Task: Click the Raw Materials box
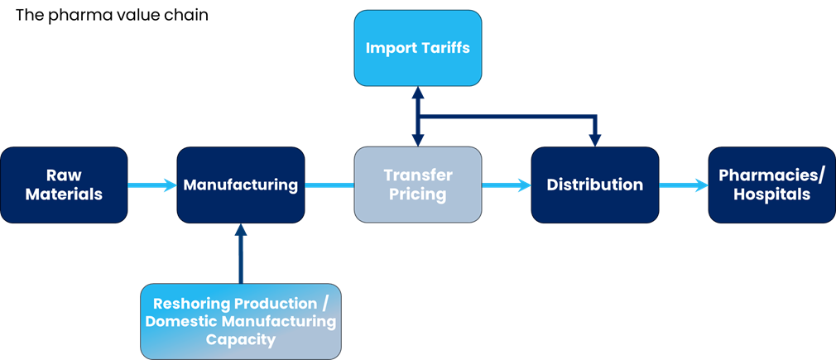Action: [64, 185]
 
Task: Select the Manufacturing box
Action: [241, 185]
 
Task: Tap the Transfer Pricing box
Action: [418, 185]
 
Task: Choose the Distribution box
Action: [595, 185]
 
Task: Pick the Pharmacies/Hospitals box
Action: [771, 185]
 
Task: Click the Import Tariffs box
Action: [418, 48]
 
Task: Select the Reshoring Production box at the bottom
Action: [241, 321]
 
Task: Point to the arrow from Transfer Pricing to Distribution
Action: [506, 185]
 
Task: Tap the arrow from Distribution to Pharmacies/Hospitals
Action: [684, 185]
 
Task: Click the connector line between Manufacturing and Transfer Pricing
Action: [329, 185]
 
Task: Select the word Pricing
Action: [418, 195]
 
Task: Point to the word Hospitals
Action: [771, 195]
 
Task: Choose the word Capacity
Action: [241, 339]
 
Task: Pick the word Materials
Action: [64, 195]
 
